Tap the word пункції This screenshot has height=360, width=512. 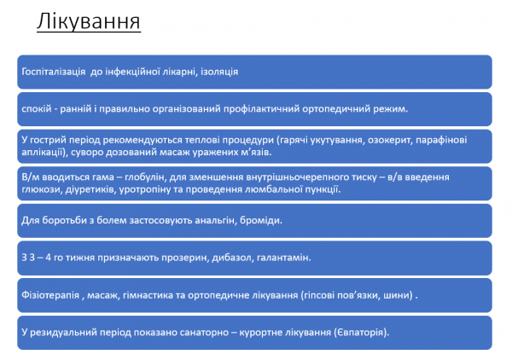322,189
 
